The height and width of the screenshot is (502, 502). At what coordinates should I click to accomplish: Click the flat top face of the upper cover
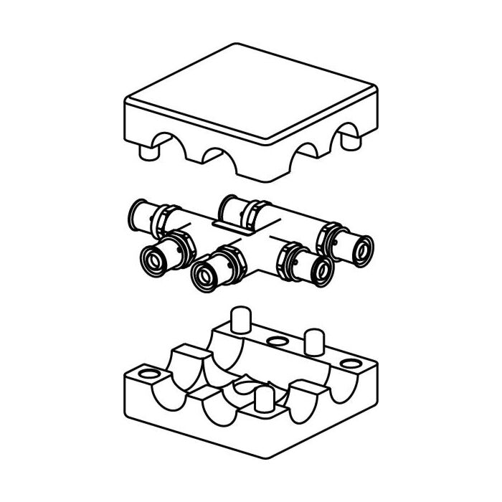pyautogui.click(x=251, y=93)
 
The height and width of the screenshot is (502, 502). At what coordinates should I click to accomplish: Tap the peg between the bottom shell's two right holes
pyautogui.click(x=313, y=341)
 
